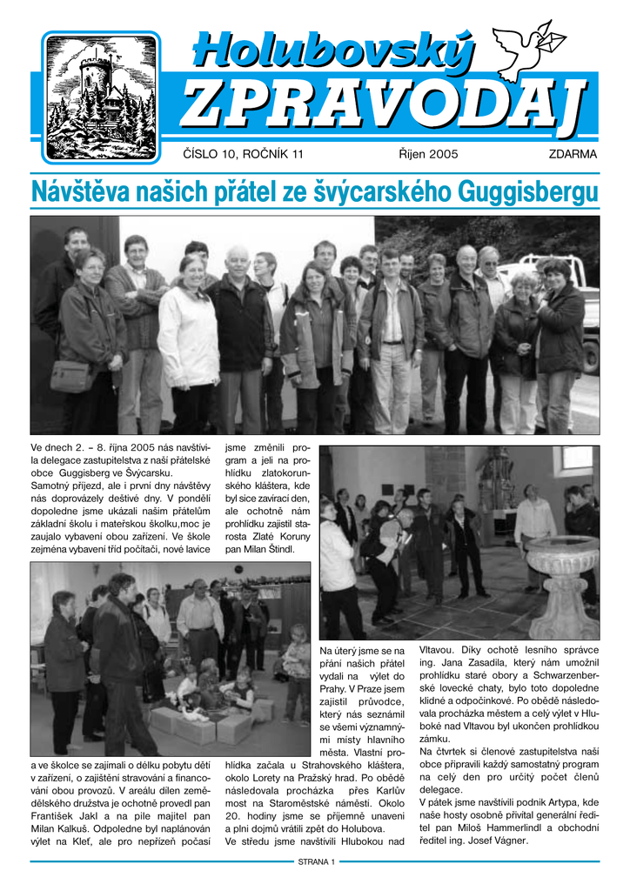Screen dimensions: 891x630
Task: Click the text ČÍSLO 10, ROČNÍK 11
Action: [244, 155]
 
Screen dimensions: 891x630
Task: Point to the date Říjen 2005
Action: [428, 155]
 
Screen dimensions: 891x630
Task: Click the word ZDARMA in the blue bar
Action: [573, 155]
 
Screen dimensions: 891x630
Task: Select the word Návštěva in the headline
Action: [78, 191]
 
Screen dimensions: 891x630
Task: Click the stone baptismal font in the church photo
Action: [563, 574]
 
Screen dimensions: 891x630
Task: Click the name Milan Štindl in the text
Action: [271, 550]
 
